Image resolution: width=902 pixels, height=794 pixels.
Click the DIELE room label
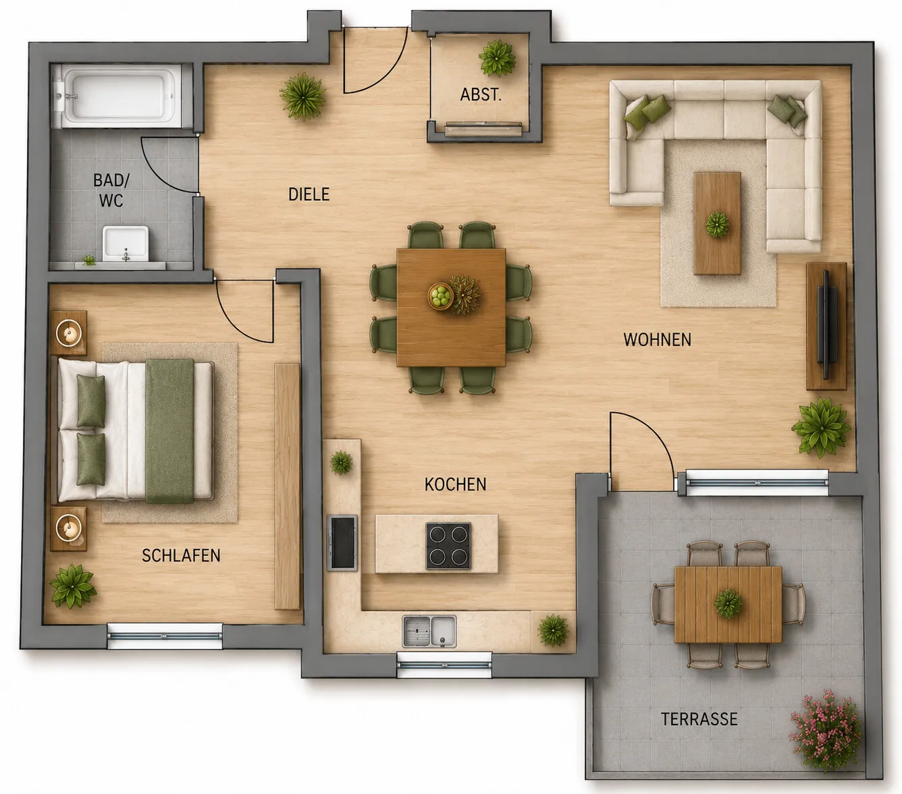309,194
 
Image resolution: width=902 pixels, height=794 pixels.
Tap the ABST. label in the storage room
481,94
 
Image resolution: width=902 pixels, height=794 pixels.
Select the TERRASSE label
699,719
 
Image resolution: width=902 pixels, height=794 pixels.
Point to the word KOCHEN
456,484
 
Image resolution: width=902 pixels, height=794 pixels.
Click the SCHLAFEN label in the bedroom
181,556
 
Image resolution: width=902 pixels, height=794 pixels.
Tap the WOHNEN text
658,340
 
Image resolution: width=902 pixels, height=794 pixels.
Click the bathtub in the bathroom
119,95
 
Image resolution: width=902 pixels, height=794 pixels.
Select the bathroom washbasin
126,244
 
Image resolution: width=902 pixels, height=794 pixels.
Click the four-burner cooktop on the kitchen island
448,546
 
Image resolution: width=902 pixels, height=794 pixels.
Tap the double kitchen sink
429,631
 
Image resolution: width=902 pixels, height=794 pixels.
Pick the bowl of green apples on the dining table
441,295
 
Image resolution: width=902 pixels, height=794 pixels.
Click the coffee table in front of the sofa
717,224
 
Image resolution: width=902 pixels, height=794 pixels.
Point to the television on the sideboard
826,324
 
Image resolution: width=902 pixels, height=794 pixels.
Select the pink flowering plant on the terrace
827,729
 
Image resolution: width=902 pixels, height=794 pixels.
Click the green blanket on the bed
169,430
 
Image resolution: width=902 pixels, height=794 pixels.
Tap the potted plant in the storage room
498,58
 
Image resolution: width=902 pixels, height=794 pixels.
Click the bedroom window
165,636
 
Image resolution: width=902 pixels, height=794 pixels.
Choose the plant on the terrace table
728,604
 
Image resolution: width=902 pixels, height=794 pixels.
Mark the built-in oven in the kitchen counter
342,542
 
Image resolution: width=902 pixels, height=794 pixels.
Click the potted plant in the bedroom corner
72,586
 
